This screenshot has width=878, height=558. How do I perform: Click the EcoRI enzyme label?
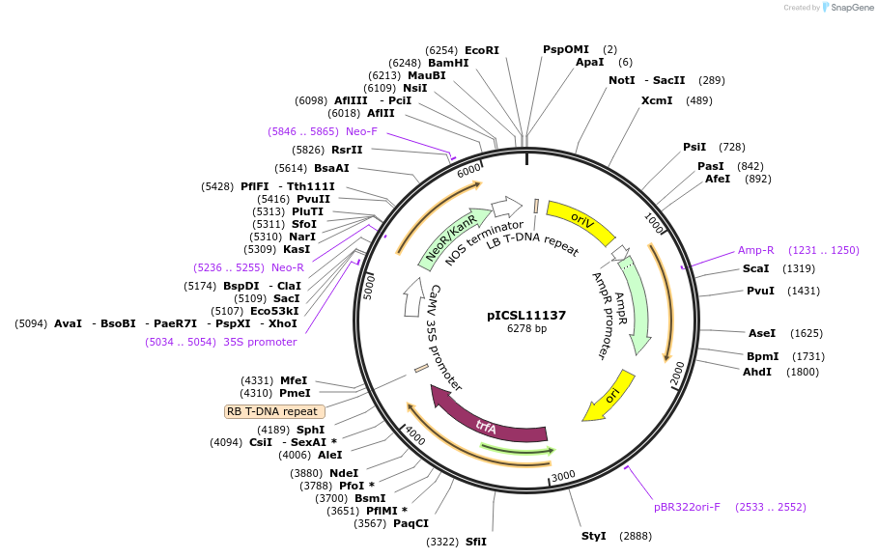[482, 49]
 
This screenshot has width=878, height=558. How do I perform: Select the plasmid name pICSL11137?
[526, 315]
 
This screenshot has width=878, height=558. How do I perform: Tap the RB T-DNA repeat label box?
[275, 411]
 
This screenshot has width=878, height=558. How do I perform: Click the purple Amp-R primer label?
[756, 250]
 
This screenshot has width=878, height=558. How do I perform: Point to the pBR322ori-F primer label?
[687, 507]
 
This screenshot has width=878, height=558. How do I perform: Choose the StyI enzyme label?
[593, 536]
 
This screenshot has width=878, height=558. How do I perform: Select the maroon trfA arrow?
[488, 425]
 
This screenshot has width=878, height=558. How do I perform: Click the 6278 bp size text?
[526, 329]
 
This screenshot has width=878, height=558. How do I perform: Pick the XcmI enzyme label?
[657, 100]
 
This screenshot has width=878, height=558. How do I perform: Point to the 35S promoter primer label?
[260, 342]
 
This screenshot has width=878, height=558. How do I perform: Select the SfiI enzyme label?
[476, 542]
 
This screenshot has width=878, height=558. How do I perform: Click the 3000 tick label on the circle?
[563, 476]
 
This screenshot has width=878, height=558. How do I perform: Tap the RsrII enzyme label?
[347, 150]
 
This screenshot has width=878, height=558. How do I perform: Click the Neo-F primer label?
[361, 131]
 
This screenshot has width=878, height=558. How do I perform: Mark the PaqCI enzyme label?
[411, 523]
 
